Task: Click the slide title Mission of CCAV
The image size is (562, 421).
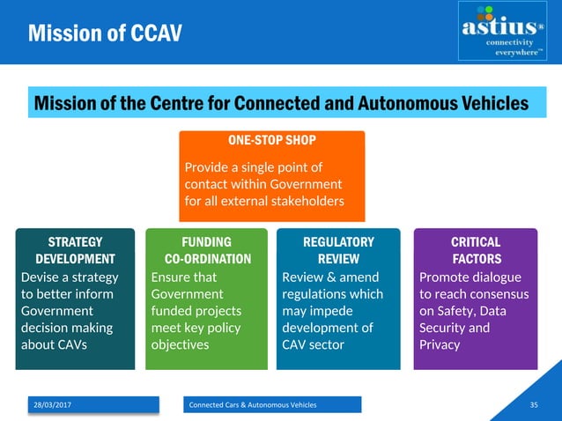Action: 105,33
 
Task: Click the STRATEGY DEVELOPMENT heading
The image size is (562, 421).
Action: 75,250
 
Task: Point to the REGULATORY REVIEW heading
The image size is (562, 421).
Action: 338,250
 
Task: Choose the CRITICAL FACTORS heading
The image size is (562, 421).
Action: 476,250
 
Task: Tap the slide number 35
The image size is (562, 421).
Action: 534,404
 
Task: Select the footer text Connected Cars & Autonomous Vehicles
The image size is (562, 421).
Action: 253,404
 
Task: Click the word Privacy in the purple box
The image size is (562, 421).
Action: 440,344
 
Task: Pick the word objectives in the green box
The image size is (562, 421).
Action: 181,344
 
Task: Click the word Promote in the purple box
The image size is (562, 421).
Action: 445,277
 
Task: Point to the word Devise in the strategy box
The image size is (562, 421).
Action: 38,277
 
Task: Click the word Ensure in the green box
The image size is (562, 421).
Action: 171,277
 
